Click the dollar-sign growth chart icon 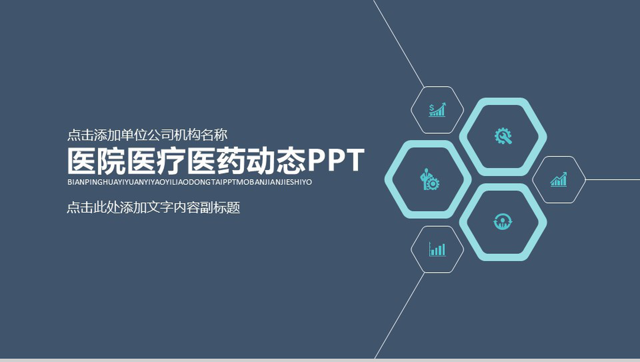(x=437, y=109)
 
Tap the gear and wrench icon (x=503, y=136)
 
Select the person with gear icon (x=429, y=179)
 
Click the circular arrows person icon (x=503, y=222)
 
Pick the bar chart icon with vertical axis (x=437, y=249)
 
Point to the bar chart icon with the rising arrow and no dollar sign (x=559, y=179)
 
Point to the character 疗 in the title (x=172, y=161)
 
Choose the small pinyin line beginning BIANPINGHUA (x=190, y=182)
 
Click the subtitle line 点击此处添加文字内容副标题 (x=153, y=207)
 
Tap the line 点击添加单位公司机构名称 (x=147, y=135)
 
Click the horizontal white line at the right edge (x=613, y=180)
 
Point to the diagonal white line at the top (x=399, y=44)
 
